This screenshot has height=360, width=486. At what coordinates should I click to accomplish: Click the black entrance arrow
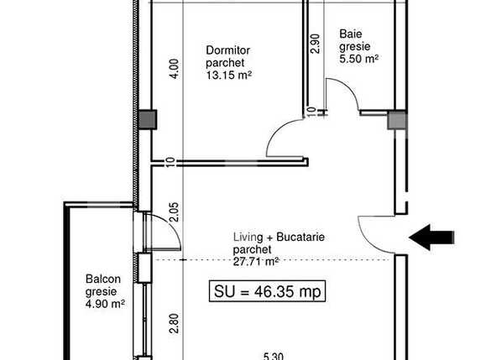coord(432,237)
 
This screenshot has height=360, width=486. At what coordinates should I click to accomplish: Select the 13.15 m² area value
coord(230,75)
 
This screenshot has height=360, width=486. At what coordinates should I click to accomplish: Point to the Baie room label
coord(351,34)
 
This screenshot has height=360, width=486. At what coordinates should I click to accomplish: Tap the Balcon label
coord(102,280)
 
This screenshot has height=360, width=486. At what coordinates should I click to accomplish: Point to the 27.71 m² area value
coord(257,262)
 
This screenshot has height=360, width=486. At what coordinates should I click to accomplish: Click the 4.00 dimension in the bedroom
coord(174,67)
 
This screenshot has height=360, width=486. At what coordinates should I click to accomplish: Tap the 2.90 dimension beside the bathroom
coord(315,43)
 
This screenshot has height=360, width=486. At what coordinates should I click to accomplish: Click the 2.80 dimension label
coord(174,324)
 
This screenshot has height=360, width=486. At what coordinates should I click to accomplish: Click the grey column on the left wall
coord(147,120)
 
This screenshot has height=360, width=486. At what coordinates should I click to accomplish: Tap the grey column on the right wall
coord(396,123)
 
